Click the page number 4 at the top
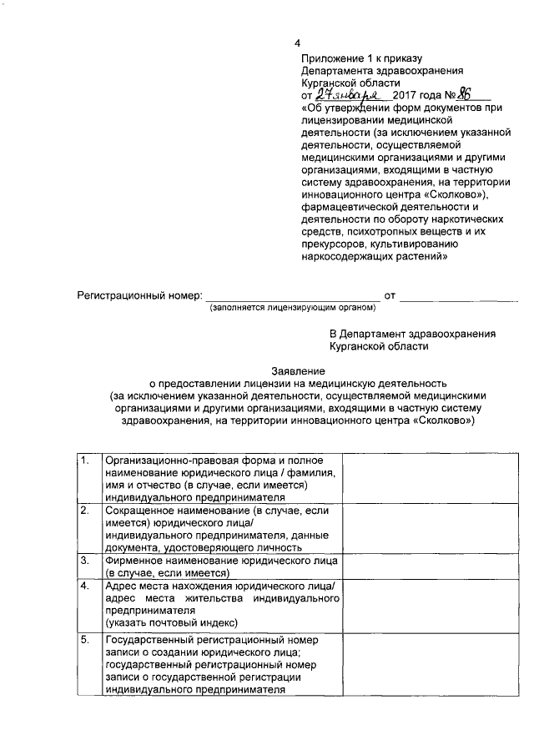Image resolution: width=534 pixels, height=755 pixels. pyautogui.click(x=296, y=43)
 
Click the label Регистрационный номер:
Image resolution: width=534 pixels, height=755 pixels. pyautogui.click(x=139, y=296)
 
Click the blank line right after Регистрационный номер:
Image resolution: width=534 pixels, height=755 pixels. pyautogui.click(x=292, y=296)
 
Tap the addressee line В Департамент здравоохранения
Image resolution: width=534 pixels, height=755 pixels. pyautogui.click(x=412, y=334)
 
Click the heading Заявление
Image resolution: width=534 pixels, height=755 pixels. pyautogui.click(x=298, y=370)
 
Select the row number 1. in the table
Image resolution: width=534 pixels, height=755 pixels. pyautogui.click(x=85, y=461)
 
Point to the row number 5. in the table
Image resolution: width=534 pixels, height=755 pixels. pyautogui.click(x=85, y=640)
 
